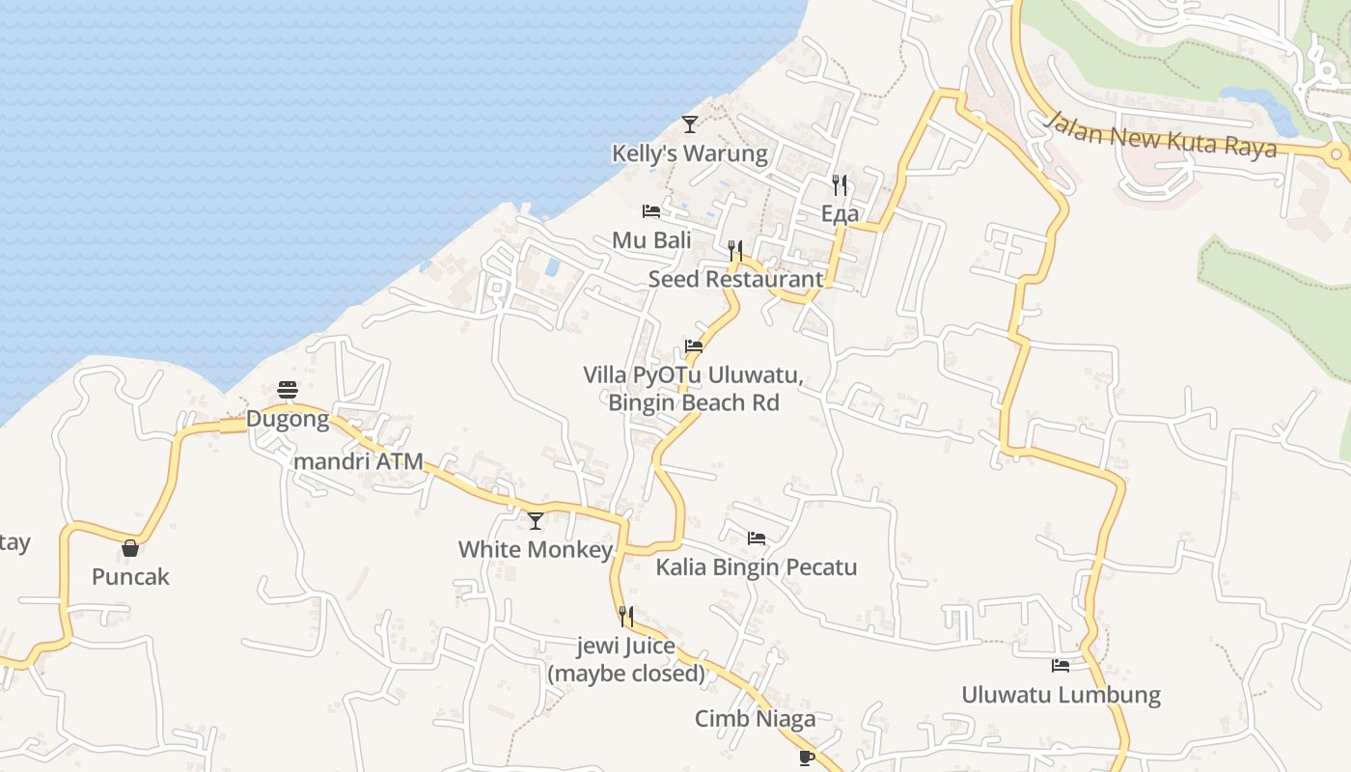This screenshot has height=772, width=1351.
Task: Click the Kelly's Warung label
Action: click(x=690, y=153)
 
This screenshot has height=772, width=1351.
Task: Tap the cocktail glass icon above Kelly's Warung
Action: click(x=690, y=124)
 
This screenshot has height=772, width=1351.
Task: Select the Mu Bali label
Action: click(x=651, y=240)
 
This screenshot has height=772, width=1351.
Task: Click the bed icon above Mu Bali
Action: click(x=651, y=210)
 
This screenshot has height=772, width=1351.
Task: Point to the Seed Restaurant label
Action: click(x=736, y=279)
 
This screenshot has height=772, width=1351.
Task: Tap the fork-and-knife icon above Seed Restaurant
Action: click(x=735, y=251)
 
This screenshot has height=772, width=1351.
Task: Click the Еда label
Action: click(x=840, y=214)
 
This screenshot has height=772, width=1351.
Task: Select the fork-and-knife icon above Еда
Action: click(x=840, y=185)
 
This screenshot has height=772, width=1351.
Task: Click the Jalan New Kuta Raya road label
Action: click(x=1161, y=134)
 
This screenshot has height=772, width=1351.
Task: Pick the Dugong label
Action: click(x=288, y=420)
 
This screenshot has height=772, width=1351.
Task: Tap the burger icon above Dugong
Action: click(x=288, y=390)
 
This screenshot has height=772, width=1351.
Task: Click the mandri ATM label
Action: click(x=358, y=461)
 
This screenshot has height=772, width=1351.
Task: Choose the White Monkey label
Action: click(x=536, y=550)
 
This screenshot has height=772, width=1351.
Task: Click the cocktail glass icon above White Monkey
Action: click(x=536, y=521)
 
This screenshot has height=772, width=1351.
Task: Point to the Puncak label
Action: click(x=130, y=577)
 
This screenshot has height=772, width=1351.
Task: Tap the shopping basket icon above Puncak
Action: click(x=130, y=548)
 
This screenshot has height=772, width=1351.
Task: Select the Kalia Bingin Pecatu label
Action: click(x=757, y=566)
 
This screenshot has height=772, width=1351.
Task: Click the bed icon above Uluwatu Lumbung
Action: click(x=1061, y=665)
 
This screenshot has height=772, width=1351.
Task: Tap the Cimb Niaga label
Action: click(x=756, y=719)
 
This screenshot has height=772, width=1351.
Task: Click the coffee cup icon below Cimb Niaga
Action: click(x=807, y=758)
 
